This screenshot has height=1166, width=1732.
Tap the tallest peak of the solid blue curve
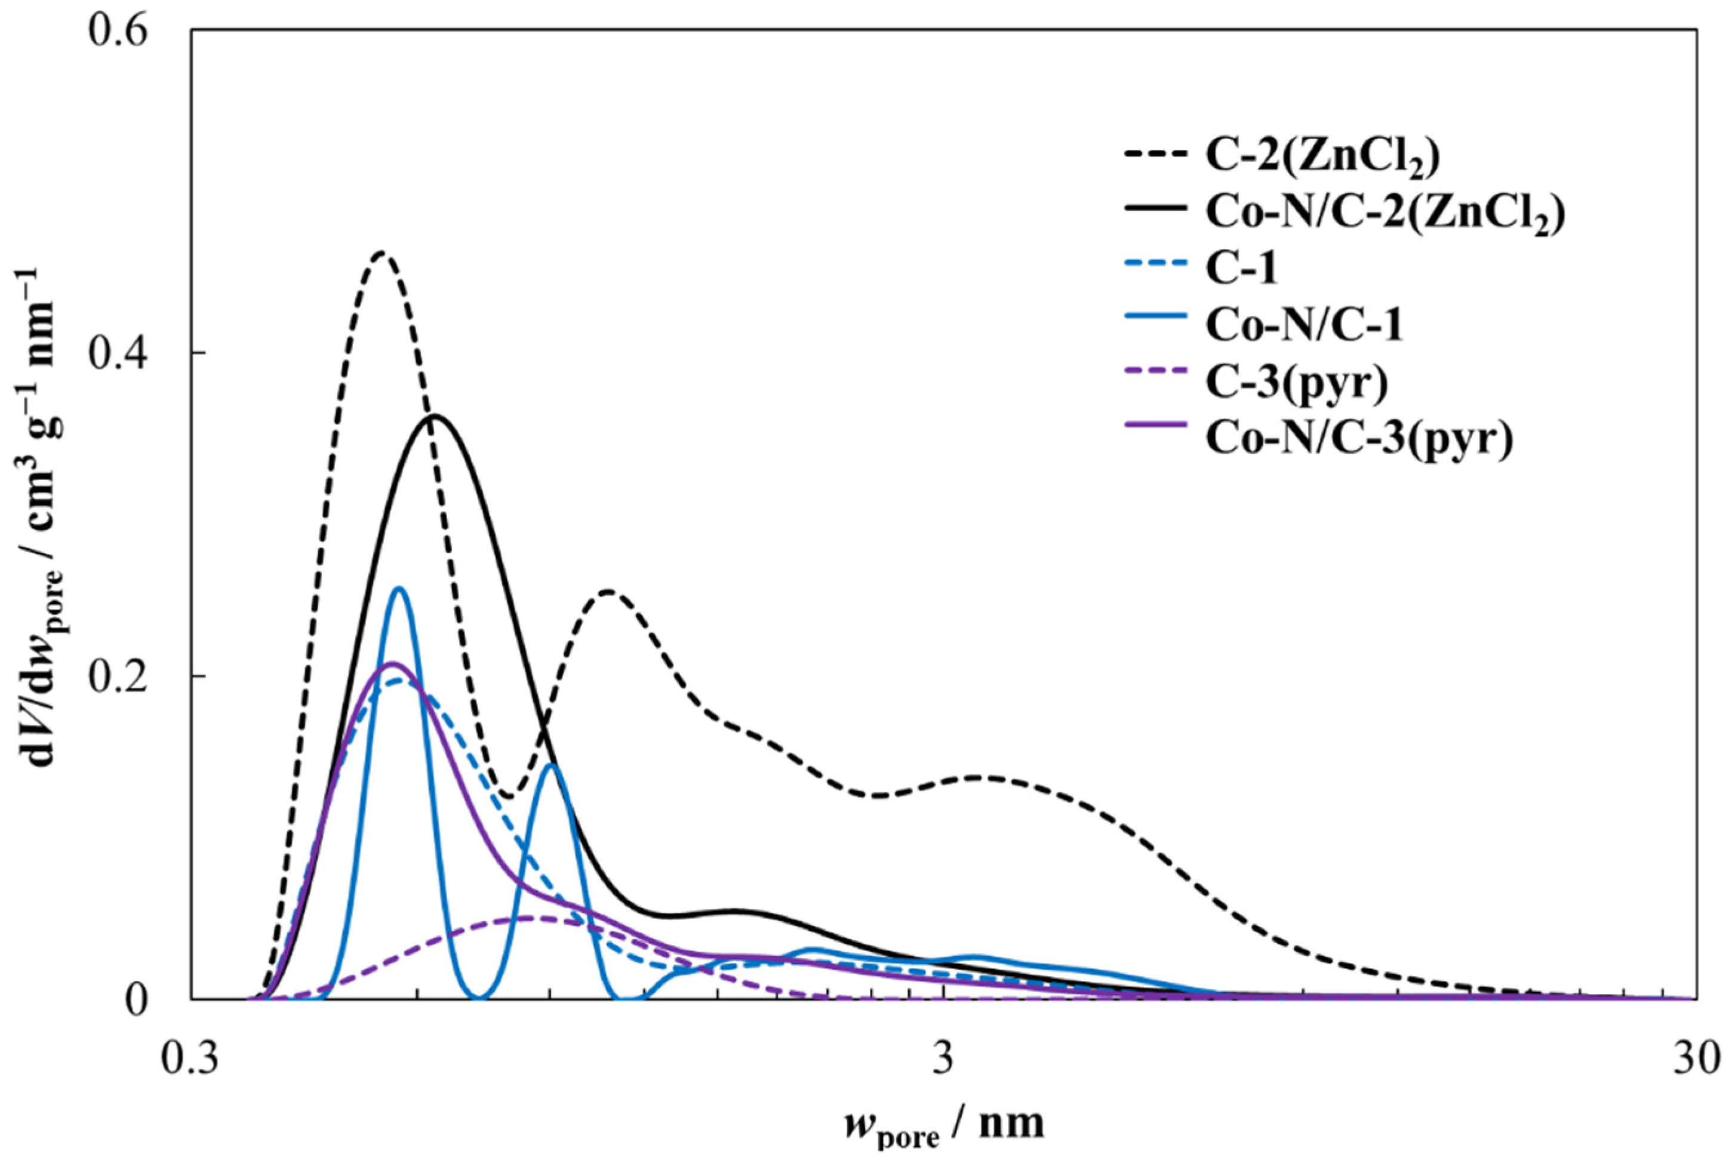(x=399, y=589)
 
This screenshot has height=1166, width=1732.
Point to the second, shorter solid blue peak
(x=551, y=765)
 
